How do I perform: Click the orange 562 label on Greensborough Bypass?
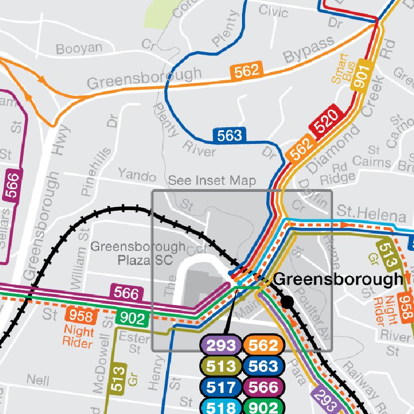(247, 70)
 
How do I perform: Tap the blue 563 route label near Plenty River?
(230, 135)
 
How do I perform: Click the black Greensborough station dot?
(288, 301)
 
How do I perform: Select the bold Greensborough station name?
(338, 279)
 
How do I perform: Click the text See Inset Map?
(212, 181)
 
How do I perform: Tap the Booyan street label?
(79, 49)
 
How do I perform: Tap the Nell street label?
(38, 380)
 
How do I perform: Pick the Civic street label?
(273, 10)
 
